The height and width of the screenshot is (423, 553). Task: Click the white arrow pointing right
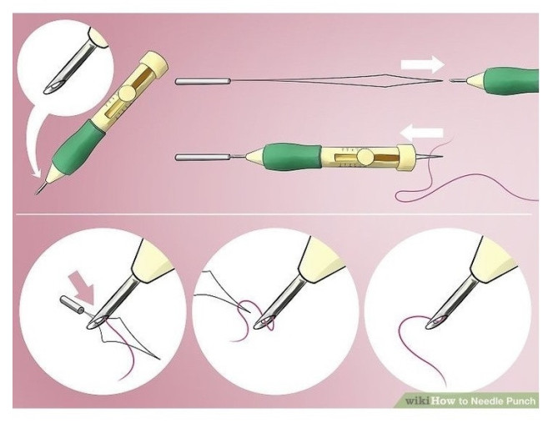click(x=422, y=64)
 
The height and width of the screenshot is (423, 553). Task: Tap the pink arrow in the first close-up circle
click(x=83, y=287)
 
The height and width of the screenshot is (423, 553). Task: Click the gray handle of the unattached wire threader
click(x=203, y=82)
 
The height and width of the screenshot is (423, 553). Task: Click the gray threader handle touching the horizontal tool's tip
click(x=203, y=158)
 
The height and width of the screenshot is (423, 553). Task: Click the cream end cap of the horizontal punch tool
click(x=405, y=158)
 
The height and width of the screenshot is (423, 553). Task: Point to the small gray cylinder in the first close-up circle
click(x=72, y=305)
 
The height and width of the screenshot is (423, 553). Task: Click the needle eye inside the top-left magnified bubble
click(x=53, y=88)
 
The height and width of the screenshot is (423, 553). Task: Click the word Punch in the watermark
click(x=520, y=401)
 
